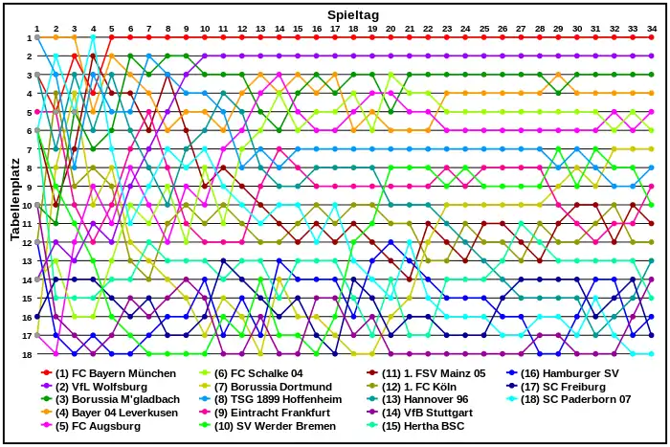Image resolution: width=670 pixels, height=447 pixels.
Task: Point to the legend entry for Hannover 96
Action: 425,400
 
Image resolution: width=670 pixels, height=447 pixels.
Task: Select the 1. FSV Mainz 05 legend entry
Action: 431,373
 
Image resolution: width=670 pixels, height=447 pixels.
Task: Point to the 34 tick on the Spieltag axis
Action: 651,29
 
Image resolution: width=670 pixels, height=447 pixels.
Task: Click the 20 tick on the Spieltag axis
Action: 391,29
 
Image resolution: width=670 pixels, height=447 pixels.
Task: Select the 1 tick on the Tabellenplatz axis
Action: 28,37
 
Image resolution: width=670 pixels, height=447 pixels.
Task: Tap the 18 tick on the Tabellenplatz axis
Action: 26,354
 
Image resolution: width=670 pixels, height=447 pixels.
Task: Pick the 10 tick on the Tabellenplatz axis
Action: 26,205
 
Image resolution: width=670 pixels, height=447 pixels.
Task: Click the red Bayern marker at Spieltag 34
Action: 651,37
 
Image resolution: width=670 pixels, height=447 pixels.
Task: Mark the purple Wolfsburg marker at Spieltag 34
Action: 651,56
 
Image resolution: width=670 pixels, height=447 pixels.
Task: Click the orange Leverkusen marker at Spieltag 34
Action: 651,94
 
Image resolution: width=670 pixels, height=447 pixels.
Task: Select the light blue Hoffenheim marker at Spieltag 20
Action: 391,149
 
